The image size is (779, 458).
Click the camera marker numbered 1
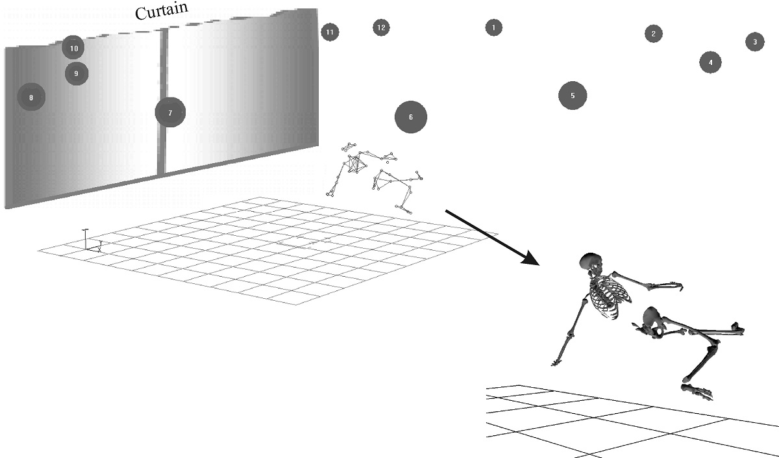click(x=493, y=27)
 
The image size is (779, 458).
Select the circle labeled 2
click(x=653, y=34)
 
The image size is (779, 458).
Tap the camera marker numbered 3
click(x=754, y=42)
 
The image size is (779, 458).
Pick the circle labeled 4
click(x=710, y=62)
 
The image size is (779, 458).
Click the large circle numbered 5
click(x=573, y=95)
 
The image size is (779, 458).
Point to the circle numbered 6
click(x=411, y=117)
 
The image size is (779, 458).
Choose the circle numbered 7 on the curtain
click(x=170, y=112)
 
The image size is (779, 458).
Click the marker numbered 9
click(x=76, y=73)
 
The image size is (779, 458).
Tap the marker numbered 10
click(x=73, y=48)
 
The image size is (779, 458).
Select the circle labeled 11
click(x=330, y=32)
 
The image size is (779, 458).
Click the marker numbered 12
click(x=381, y=27)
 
